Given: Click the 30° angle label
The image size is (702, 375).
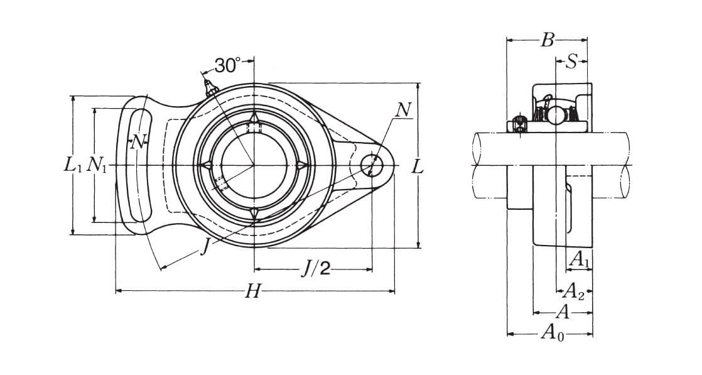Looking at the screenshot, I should pos(227,65).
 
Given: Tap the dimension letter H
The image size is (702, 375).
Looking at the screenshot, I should pos(252,291).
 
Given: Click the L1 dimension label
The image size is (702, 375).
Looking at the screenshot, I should pos(73,165).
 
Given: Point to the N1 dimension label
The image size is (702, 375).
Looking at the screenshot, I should pos(96,165).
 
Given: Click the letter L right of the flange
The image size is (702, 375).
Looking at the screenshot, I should pos(418,167).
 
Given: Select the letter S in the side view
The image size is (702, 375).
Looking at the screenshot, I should pos(571,62).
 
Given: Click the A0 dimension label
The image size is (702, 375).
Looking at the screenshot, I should pos(553,333).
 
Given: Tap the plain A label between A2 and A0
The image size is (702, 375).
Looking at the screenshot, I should pos(563,312).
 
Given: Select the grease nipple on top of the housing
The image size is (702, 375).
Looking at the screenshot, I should pos(210,88).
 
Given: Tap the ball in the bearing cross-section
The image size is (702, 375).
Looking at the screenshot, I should pos(556,116).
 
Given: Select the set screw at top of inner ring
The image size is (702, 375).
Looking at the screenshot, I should pos(254,128).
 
